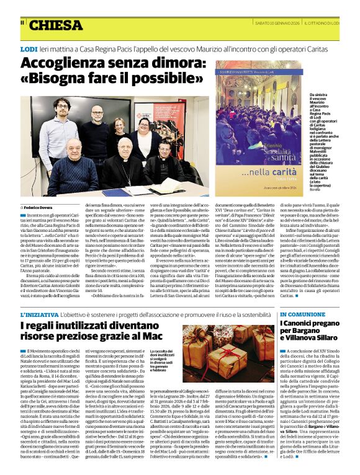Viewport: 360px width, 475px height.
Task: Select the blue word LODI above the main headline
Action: point(29,48)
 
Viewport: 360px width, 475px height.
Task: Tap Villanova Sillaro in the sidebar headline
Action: point(313,342)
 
